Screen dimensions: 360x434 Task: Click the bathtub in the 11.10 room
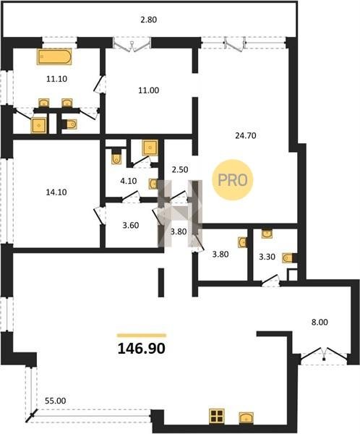click(54, 56)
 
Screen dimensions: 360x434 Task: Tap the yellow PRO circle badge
click(233, 180)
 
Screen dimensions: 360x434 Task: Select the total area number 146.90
click(142, 348)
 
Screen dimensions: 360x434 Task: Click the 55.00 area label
click(56, 401)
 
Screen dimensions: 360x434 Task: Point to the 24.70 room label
click(246, 136)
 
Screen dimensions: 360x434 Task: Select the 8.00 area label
click(320, 322)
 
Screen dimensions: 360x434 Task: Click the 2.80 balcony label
click(149, 20)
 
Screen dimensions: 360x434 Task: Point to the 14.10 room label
click(56, 192)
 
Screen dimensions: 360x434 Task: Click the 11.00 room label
click(149, 90)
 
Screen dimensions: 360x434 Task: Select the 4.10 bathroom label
click(129, 181)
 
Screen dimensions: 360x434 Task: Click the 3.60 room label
click(131, 225)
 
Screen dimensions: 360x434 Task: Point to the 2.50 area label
click(180, 169)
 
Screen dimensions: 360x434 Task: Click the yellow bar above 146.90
click(142, 336)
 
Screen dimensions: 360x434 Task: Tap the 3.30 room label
click(267, 257)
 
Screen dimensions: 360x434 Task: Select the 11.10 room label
click(56, 79)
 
